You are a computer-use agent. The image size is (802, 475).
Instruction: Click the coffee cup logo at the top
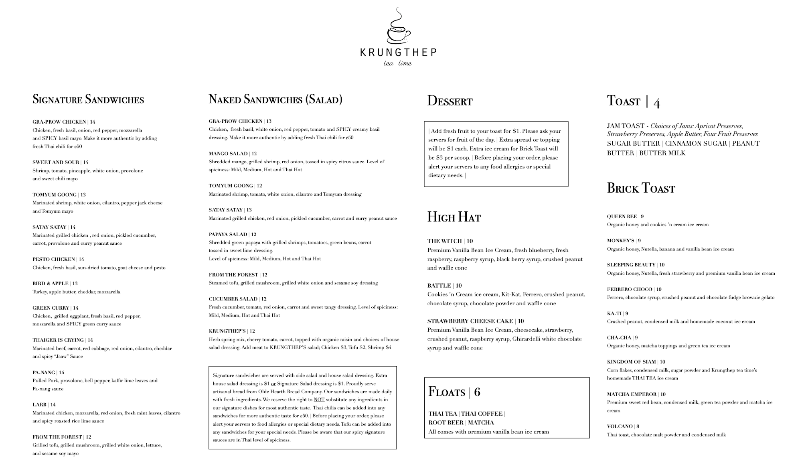(398, 27)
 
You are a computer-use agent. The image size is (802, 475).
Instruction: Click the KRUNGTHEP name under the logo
(398, 53)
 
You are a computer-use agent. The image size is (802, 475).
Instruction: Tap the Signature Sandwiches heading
(88, 99)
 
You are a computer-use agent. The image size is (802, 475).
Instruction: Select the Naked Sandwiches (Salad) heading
(275, 99)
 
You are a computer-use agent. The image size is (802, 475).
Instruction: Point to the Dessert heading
(450, 101)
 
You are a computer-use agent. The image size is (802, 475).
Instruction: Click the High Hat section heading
(454, 217)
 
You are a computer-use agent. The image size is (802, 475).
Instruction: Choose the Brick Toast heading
(641, 188)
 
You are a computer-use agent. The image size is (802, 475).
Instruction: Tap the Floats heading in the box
(447, 392)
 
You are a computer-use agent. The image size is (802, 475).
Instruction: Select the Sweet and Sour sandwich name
(56, 162)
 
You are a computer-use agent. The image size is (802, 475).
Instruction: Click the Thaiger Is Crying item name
(58, 340)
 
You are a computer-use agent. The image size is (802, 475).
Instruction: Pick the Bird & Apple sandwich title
(51, 283)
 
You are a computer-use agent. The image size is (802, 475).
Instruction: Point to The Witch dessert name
(445, 241)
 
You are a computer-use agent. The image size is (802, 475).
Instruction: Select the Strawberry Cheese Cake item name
(470, 321)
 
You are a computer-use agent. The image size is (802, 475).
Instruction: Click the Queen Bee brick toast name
(622, 216)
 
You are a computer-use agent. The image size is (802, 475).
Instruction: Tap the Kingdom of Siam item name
(632, 361)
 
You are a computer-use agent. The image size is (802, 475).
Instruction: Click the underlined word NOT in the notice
(319, 400)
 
